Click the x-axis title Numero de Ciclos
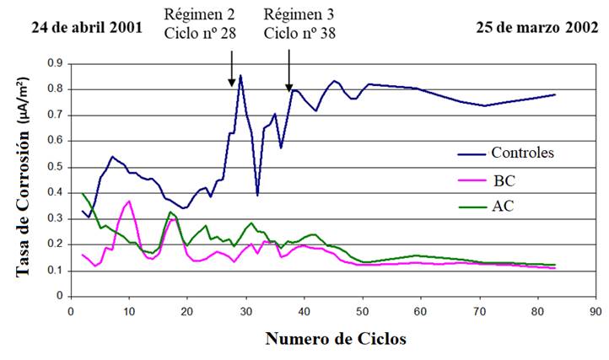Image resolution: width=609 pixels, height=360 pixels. (x=335, y=339)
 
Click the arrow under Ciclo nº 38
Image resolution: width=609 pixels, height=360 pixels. (x=289, y=64)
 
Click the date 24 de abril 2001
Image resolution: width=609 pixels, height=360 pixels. (x=87, y=26)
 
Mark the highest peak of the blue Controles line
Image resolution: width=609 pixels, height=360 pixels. (x=240, y=75)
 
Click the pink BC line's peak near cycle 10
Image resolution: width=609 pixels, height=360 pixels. (x=129, y=201)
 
